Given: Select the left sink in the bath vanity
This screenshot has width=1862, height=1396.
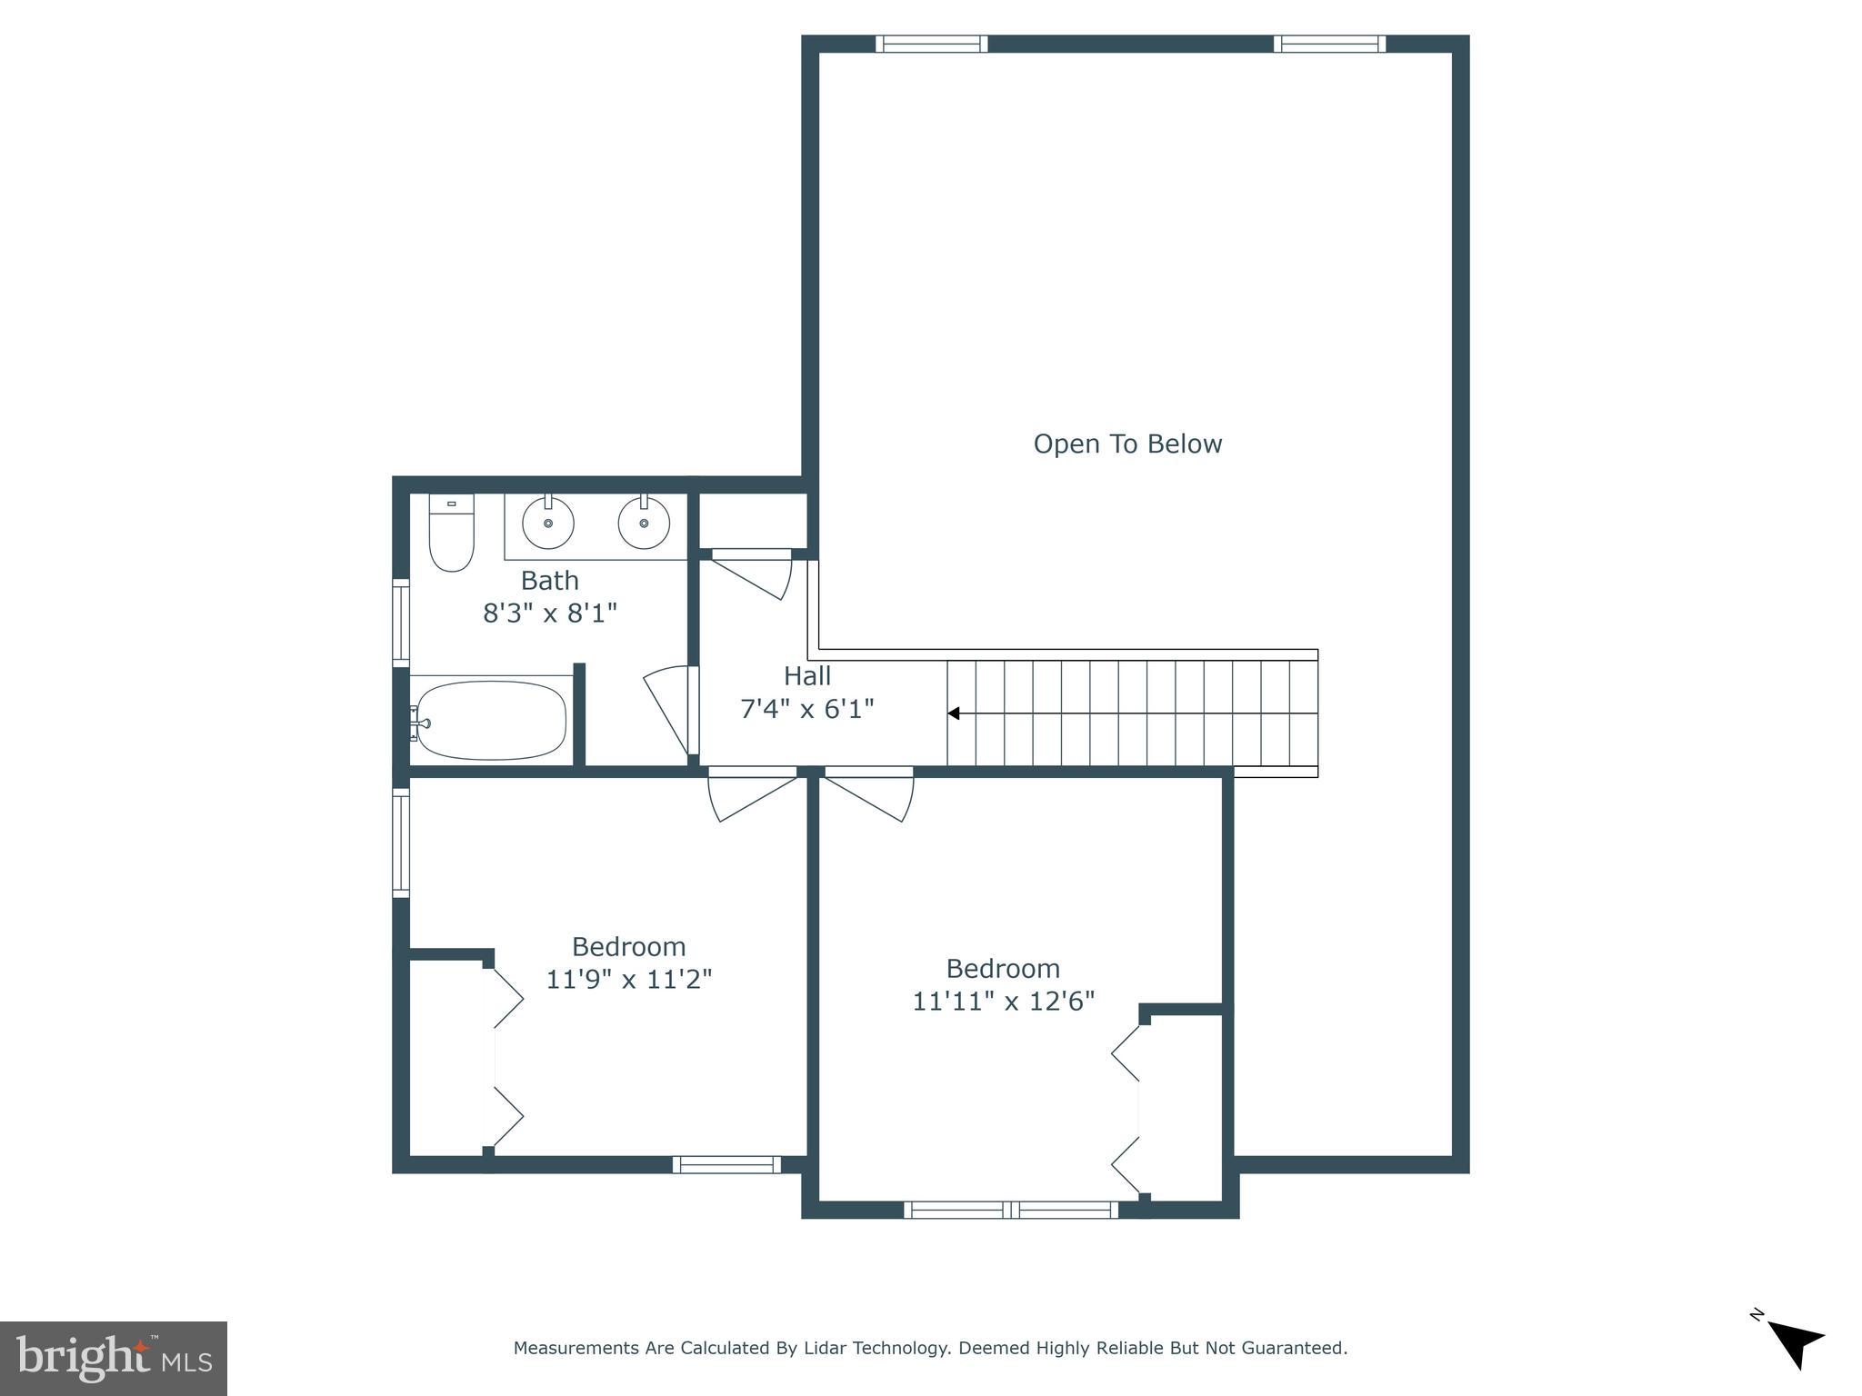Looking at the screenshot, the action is [547, 523].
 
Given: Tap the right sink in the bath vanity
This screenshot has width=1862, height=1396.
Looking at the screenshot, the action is [644, 523].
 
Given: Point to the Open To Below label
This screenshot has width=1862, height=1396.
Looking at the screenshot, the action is [1127, 444].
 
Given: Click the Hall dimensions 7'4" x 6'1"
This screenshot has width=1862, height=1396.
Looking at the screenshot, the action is [807, 708].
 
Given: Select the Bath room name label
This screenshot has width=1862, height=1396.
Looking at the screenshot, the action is [549, 580].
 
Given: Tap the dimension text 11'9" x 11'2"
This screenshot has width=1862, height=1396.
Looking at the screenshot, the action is [628, 979].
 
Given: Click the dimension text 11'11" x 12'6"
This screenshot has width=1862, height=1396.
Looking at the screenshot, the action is [1003, 1001].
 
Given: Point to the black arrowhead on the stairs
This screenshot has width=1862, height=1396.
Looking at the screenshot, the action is [954, 713].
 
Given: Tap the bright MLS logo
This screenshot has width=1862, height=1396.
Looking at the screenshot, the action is [114, 1358].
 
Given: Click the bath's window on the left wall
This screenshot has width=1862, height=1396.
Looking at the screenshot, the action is [401, 623].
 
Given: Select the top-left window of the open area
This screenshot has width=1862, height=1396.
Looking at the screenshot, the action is [932, 44].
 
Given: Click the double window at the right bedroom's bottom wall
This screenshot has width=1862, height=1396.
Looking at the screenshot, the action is [1011, 1210].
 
